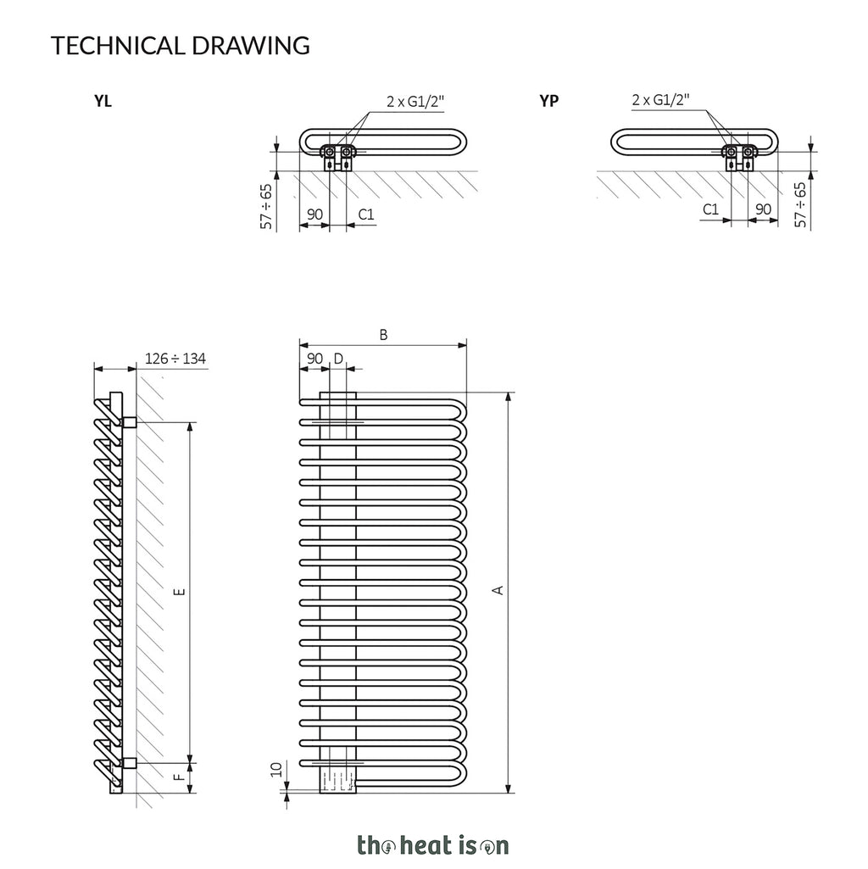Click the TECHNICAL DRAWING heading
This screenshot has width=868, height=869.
181,46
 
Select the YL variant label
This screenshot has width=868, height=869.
103,101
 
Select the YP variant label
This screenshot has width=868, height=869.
548,101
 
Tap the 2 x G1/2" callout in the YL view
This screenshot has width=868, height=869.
415,102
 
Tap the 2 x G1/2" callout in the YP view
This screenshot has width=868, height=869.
660,100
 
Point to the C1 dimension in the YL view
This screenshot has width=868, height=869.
366,214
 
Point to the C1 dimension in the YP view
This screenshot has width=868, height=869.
710,209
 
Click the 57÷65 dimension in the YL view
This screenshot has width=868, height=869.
267,206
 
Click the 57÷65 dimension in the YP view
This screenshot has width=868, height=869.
800,204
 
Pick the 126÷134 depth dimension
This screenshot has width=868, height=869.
175,359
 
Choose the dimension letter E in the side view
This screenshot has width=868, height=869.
180,591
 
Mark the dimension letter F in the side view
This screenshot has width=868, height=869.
180,777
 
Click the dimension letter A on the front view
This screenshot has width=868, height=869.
498,590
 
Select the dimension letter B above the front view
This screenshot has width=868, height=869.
383,335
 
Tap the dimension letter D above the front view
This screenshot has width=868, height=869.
339,359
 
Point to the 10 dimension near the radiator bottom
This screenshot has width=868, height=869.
276,769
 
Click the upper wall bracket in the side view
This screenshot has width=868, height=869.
129,422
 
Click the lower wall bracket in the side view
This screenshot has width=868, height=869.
129,763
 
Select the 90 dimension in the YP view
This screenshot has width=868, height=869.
763,209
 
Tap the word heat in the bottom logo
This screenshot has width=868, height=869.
426,845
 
